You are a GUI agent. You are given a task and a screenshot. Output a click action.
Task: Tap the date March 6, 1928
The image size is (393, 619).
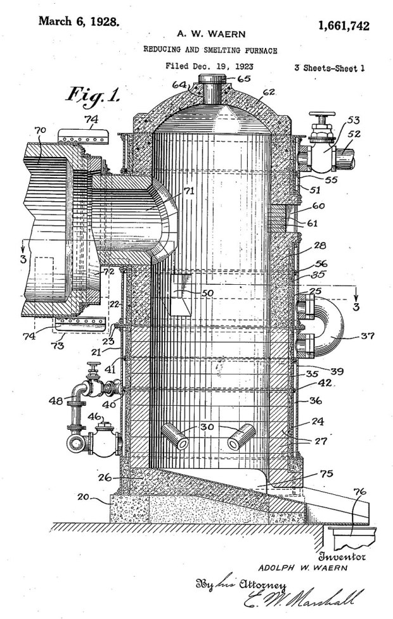[x=79, y=21]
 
